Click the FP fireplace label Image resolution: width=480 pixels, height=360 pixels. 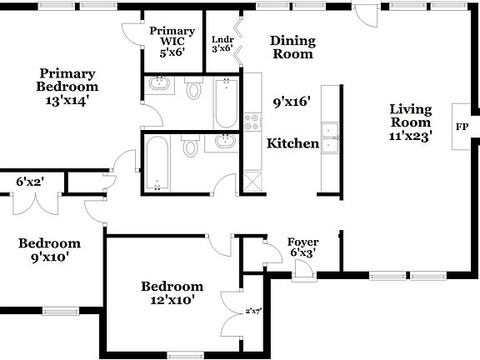461,127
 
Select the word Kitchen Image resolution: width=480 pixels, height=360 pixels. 292,143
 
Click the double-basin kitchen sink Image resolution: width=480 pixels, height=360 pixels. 332,138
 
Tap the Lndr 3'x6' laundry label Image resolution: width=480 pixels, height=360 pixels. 222,44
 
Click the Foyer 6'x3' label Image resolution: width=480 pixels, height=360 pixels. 302,247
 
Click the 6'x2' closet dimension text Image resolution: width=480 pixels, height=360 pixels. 30,181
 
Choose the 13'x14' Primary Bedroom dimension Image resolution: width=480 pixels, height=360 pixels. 67,99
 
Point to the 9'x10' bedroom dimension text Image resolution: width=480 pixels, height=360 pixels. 49,257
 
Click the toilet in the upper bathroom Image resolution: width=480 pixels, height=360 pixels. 194,88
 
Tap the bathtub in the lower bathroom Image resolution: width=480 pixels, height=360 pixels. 157,162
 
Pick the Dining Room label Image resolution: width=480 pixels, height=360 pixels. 292,47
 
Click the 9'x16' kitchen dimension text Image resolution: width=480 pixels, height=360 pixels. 292,102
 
